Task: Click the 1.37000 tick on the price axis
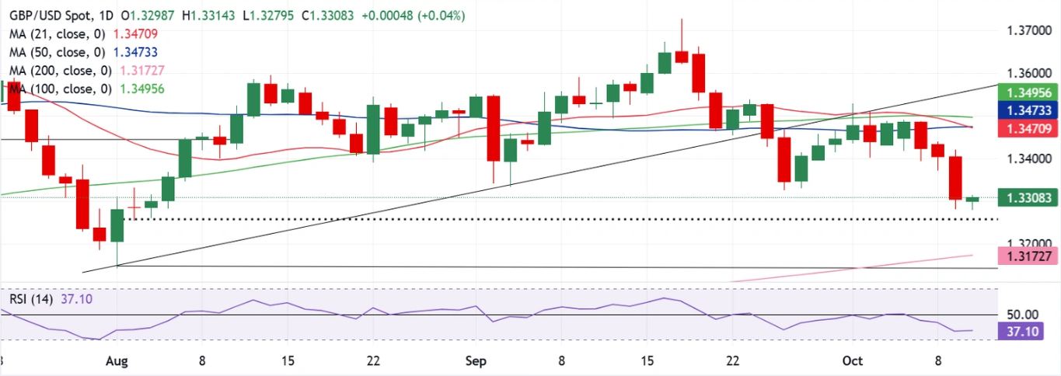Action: (x=1023, y=31)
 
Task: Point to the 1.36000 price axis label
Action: (x=1023, y=74)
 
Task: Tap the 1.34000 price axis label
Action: (x=1023, y=159)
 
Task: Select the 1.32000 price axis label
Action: (x=1023, y=244)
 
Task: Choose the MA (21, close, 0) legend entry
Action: (x=54, y=34)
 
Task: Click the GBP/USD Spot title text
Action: (x=48, y=16)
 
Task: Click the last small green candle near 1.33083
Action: (x=972, y=200)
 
